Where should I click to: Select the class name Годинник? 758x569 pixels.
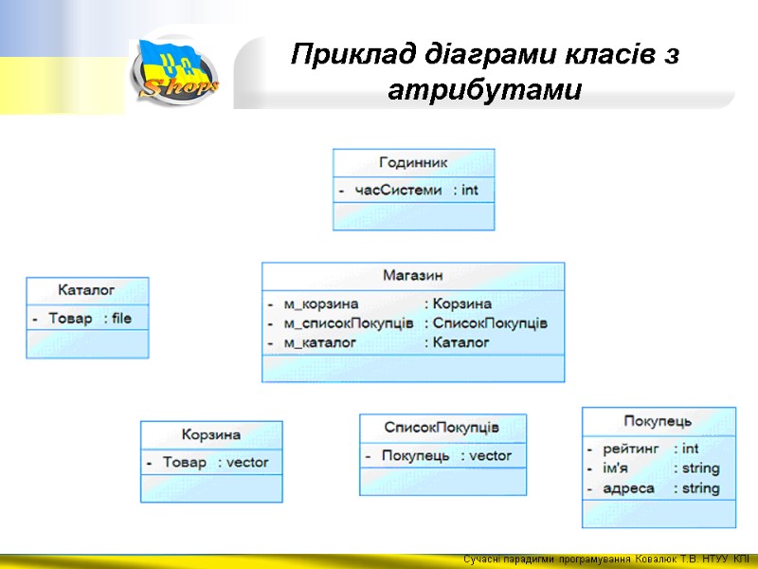click(x=413, y=162)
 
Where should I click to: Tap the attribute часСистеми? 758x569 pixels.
click(x=398, y=190)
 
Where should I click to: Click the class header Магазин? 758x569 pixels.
click(x=412, y=275)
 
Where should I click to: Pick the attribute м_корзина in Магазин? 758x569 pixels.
click(x=321, y=303)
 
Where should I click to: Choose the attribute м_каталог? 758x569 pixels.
click(x=320, y=342)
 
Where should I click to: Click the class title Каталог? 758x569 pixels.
click(x=86, y=289)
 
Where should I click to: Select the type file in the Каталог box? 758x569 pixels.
click(x=121, y=319)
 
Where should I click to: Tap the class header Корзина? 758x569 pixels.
click(x=211, y=434)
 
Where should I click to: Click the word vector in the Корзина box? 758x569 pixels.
click(x=248, y=463)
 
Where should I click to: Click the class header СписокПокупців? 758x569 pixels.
click(x=442, y=427)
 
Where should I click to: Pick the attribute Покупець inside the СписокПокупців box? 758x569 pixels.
click(x=415, y=456)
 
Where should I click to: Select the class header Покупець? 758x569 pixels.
click(x=658, y=420)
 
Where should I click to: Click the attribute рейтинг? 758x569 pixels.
click(x=630, y=448)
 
